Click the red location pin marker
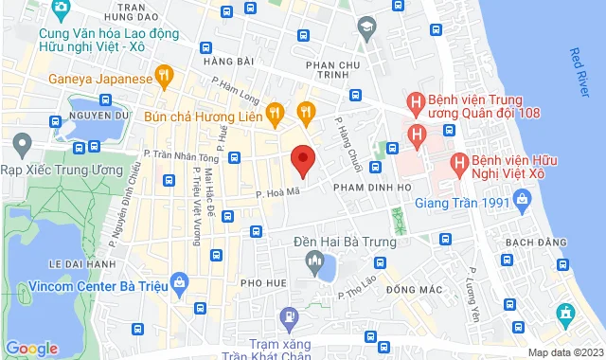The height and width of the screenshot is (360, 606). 302,159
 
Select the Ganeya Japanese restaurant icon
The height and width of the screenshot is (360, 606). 165,75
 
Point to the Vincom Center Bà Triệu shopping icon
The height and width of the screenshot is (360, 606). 180,282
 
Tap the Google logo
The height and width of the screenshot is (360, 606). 32,348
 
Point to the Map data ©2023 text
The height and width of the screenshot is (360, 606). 562,352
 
